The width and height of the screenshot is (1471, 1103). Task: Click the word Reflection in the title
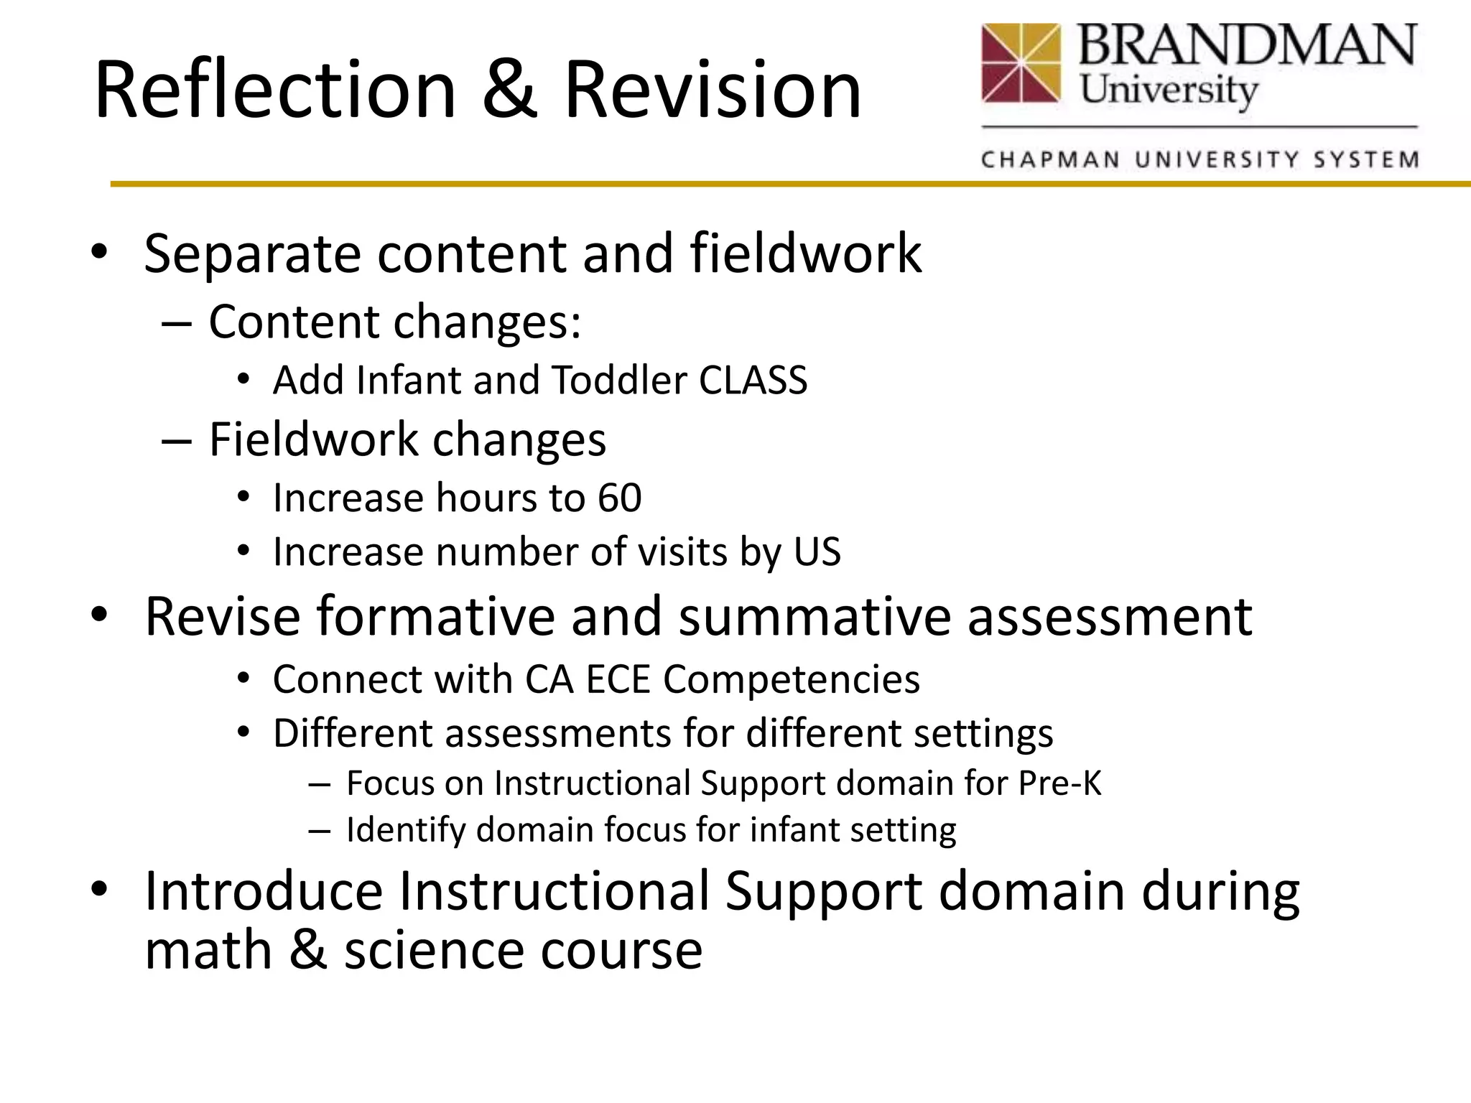coord(275,90)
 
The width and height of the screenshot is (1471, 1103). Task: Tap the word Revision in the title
coord(713,90)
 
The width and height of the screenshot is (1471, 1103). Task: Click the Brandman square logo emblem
coord(1021,62)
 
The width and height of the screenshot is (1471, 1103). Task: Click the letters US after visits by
coord(817,552)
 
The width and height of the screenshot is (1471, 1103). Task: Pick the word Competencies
coord(791,679)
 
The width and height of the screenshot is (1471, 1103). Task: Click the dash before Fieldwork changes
coord(177,440)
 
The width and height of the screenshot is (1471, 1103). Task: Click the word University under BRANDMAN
coord(1169,91)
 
